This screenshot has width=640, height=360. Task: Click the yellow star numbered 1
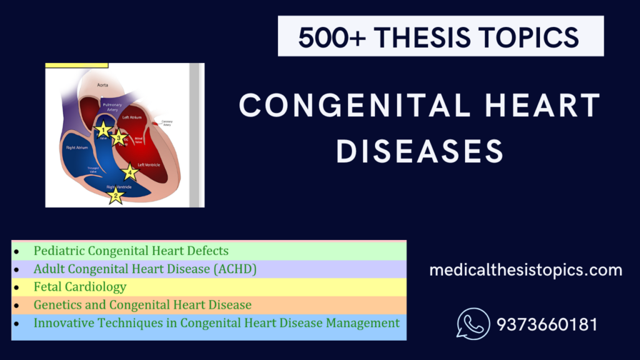pos(103,130)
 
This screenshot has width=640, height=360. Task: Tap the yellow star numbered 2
pos(115,196)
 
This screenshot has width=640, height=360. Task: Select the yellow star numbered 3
pos(119,138)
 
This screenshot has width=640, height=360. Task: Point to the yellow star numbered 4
pos(130,172)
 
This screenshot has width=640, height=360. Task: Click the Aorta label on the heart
pos(102,84)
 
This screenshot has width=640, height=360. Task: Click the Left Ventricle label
pos(149,165)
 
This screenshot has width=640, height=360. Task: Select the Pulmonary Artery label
pos(113,107)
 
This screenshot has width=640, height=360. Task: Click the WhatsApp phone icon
pos(473,324)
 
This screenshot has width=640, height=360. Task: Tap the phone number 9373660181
pos(547,325)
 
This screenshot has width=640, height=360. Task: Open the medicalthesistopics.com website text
pos(526,271)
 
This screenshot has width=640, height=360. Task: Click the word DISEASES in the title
pos(420,151)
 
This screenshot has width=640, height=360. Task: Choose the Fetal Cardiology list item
pos(80,287)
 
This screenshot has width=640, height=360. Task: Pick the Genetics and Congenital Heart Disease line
pos(142,305)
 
